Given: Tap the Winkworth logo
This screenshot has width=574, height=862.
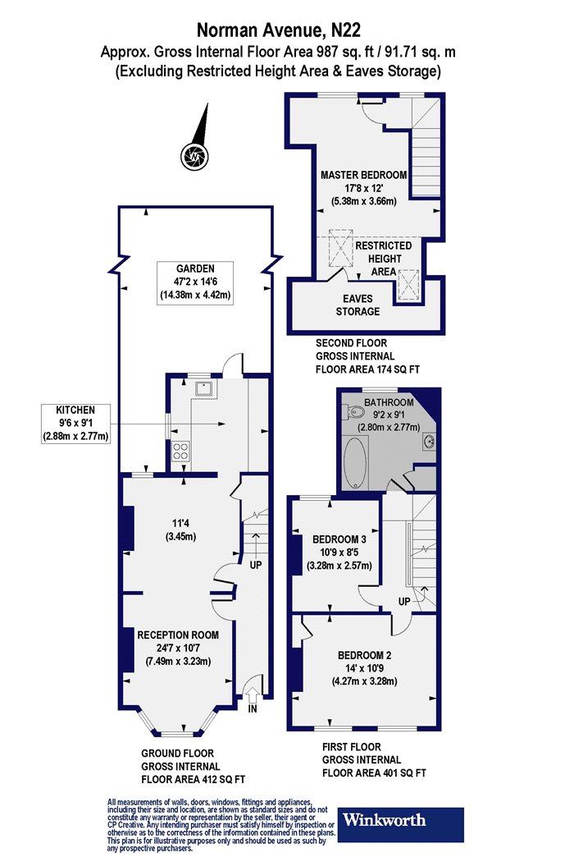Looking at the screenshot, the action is (x=400, y=824).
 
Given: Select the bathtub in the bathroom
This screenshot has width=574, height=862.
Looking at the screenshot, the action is (x=355, y=462).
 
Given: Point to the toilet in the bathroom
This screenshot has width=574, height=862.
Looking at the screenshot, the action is (x=354, y=411).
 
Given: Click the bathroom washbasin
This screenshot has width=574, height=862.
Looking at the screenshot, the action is (x=429, y=440).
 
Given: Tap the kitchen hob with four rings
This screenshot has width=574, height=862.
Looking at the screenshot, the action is (x=180, y=452).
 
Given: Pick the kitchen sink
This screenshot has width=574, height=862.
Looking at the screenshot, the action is (x=206, y=388).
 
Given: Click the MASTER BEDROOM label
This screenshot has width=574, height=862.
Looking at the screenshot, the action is (x=363, y=175).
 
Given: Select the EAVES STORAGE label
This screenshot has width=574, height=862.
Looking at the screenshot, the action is (x=358, y=305).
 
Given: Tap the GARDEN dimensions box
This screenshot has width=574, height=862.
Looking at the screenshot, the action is (x=195, y=282).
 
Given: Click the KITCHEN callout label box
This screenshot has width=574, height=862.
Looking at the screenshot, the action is (x=75, y=424).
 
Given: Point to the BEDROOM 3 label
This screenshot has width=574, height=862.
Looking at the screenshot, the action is (x=339, y=539).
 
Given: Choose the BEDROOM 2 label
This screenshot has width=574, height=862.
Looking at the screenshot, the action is (x=364, y=655).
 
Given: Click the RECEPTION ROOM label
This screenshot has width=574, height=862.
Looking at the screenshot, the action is (x=178, y=635).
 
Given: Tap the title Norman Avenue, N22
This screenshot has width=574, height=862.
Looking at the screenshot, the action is (x=279, y=29).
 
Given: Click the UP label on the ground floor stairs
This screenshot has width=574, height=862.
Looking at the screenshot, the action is (x=255, y=565).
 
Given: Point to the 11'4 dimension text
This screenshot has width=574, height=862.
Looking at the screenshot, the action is (x=180, y=524).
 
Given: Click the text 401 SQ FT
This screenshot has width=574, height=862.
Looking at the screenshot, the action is (x=403, y=773).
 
